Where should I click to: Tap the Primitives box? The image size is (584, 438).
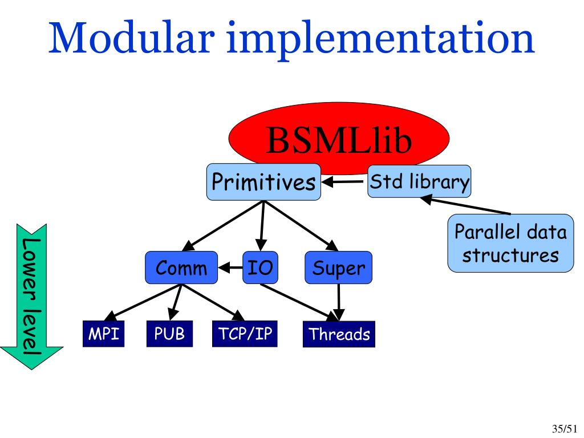point(263,182)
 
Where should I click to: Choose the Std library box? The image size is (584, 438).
point(419,182)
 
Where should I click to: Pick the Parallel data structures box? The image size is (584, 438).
point(510,244)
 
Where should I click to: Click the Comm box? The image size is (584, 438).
point(181,267)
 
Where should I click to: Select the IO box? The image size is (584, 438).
point(261,267)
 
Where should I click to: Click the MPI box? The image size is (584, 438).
point(103,334)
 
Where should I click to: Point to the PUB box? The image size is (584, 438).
point(169,334)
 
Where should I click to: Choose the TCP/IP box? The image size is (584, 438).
point(245,334)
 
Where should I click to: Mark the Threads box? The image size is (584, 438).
point(339,334)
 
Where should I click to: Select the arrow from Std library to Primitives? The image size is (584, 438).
point(344,182)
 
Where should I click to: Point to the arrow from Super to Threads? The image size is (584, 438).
point(339,302)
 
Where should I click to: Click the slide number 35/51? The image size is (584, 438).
point(565,428)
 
